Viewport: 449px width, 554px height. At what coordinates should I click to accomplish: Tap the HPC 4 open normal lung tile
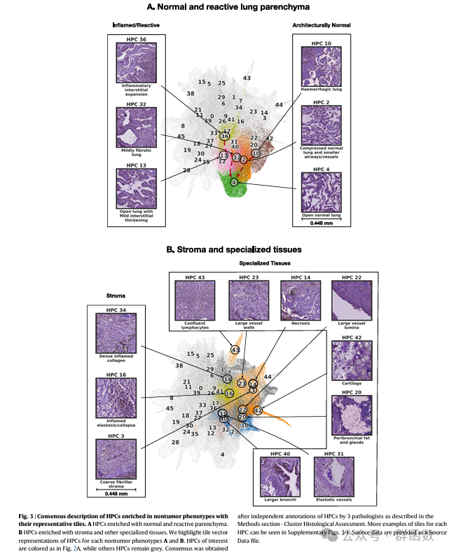(321, 192)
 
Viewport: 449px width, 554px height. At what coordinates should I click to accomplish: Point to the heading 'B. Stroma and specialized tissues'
(224, 249)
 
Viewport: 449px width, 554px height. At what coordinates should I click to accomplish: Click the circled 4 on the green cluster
(234, 182)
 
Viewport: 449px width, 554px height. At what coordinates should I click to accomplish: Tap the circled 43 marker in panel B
(235, 349)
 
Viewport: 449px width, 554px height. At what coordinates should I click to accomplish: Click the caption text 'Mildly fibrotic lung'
(137, 151)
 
